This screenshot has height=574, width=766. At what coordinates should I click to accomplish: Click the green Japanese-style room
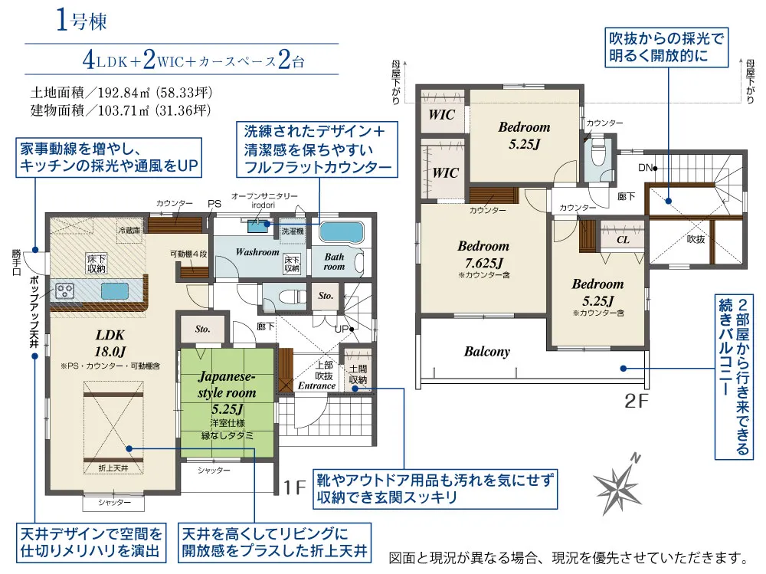click(x=228, y=402)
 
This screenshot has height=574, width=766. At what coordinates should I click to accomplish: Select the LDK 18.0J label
click(x=110, y=343)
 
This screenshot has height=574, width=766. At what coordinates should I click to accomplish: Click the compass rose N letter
click(x=635, y=458)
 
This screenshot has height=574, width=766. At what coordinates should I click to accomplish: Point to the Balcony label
click(x=486, y=352)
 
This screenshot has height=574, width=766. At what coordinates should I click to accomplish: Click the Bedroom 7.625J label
click(x=483, y=254)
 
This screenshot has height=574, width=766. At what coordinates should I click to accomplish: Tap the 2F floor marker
click(x=637, y=402)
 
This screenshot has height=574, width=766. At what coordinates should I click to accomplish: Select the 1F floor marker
click(x=295, y=487)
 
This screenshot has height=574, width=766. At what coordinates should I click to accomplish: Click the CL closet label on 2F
click(x=623, y=240)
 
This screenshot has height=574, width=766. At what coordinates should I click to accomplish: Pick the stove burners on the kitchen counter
click(x=65, y=291)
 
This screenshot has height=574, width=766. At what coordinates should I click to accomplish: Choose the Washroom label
click(x=257, y=252)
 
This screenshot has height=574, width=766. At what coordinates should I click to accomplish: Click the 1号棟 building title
click(x=81, y=21)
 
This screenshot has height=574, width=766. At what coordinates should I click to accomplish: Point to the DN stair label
click(x=645, y=168)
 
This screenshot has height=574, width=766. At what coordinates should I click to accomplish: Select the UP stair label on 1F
click(x=341, y=329)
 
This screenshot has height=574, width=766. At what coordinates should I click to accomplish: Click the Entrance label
click(x=316, y=385)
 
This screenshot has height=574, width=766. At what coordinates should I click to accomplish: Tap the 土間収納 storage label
click(x=358, y=375)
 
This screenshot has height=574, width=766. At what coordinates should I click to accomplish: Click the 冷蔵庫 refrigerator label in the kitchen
click(x=129, y=230)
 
